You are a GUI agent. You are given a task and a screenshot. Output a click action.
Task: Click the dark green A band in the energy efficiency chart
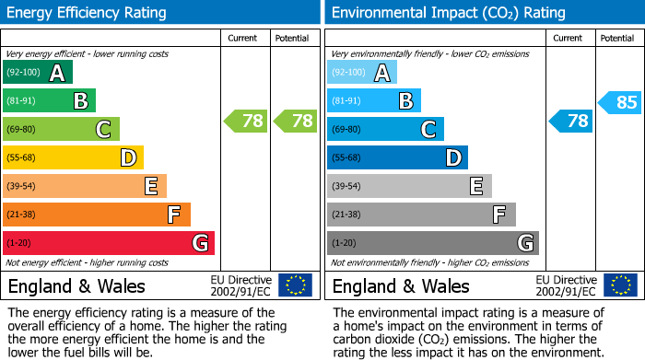[38, 73]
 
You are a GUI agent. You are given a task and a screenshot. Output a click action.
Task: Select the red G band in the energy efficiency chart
[109, 243]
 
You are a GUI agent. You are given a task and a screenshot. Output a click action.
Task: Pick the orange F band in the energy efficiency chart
[97, 215]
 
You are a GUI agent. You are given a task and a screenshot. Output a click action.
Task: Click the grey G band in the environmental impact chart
[432, 243]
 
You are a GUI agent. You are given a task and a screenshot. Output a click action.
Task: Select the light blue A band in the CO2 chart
[362, 73]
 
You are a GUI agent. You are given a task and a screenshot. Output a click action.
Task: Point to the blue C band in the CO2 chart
[385, 130]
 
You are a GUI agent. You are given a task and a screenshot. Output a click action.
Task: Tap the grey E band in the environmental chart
[409, 187]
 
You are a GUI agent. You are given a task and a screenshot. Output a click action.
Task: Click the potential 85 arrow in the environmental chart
[620, 102]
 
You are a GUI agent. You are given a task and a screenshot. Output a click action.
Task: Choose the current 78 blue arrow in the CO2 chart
[571, 121]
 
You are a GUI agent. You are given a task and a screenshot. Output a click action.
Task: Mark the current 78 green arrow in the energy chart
[246, 121]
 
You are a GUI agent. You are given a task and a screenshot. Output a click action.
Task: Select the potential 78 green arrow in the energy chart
[295, 121]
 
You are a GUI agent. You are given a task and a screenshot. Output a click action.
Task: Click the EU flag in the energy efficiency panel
[295, 285]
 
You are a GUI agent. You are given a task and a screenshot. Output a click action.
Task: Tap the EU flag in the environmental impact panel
[619, 285]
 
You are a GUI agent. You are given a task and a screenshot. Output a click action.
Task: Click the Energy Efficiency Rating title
[88, 13]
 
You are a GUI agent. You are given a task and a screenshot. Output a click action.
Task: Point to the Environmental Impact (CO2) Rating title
[448, 13]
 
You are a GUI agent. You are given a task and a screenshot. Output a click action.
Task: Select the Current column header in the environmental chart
[569, 38]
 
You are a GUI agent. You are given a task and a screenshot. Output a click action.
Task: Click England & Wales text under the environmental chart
[401, 286]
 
